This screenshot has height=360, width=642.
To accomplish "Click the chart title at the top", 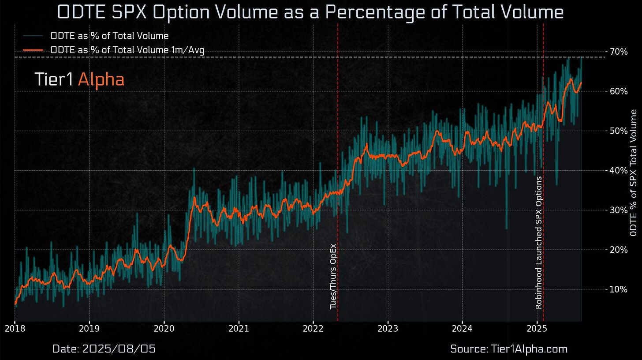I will pyautogui.click(x=311, y=12).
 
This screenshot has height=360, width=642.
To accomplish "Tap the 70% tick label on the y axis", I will pyautogui.click(x=619, y=52).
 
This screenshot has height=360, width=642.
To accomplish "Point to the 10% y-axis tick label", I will pyautogui.click(x=619, y=289).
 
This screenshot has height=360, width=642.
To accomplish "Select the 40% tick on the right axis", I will pyautogui.click(x=619, y=170).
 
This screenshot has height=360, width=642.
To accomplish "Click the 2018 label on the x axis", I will pyautogui.click(x=15, y=328).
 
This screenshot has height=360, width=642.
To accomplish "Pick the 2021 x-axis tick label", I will pyautogui.click(x=239, y=328).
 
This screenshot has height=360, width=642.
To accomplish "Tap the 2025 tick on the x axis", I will pyautogui.click(x=537, y=328).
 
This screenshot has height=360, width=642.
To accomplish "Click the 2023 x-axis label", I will pyautogui.click(x=388, y=328).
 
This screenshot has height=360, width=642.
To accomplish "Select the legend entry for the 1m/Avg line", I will pyautogui.click(x=127, y=50).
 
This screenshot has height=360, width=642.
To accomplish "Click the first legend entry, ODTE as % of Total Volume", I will pyautogui.click(x=109, y=36).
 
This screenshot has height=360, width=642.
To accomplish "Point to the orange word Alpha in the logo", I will pyautogui.click(x=101, y=79).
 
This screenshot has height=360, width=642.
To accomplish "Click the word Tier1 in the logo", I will pyautogui.click(x=54, y=79).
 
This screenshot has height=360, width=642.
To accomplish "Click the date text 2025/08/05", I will pyautogui.click(x=104, y=349).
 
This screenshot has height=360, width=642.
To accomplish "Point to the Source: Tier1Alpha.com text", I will pyautogui.click(x=508, y=349).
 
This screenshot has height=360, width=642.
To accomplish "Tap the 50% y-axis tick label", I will pyautogui.click(x=619, y=131).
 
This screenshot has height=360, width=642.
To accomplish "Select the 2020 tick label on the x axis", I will pyautogui.click(x=164, y=328).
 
